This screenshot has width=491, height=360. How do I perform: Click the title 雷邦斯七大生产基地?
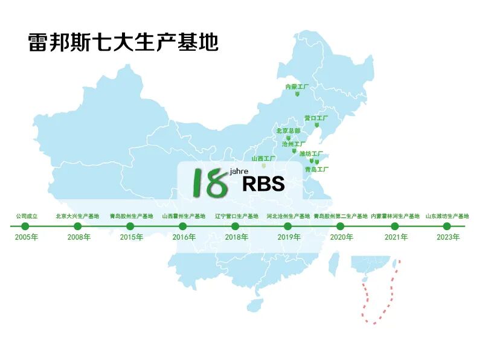(123, 42)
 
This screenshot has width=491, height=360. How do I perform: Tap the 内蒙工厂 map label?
(297, 87)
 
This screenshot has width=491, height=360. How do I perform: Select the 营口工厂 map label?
(316, 118)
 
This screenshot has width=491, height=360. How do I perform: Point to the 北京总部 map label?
(288, 130)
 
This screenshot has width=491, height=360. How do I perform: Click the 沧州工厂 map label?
(294, 144)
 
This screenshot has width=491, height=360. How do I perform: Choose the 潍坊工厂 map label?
(311, 154)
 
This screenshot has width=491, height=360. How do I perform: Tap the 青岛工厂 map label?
(316, 170)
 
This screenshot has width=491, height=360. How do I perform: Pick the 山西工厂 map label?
(263, 158)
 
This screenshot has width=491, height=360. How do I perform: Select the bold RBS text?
(263, 184)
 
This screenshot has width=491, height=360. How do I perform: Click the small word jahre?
(239, 172)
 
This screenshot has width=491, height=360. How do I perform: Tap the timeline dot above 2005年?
(25, 226)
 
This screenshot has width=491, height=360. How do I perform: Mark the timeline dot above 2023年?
(447, 226)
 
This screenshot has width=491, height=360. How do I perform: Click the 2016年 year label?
(184, 237)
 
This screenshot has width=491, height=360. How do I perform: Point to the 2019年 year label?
(288, 237)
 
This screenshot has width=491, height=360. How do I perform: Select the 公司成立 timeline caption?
(27, 216)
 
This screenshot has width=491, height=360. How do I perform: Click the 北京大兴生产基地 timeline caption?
(77, 216)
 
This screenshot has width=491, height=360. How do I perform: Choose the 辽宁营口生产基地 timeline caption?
(236, 216)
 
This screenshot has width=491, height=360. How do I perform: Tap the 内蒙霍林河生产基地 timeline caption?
(395, 216)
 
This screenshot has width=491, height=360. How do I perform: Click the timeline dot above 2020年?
(341, 226)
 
